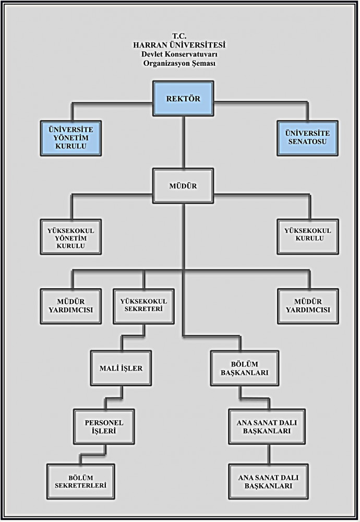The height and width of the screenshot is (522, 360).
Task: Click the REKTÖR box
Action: click(x=183, y=98)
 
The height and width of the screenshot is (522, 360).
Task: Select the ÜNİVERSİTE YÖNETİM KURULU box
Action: click(x=71, y=137)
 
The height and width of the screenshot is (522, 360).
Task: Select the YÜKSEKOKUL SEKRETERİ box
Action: click(x=143, y=305)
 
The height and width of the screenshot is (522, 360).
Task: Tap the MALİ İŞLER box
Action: click(x=121, y=368)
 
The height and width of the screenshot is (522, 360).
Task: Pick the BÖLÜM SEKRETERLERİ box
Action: click(x=80, y=481)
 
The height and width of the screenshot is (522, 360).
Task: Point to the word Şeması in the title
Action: click(x=202, y=63)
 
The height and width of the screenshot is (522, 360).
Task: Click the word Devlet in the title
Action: click(x=153, y=54)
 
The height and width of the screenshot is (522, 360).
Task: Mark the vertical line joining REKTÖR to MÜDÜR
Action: click(x=183, y=141)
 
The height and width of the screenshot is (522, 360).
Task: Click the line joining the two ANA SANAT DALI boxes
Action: click(x=269, y=453)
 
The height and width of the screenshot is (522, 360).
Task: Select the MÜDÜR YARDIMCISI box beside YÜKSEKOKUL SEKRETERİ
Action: click(x=71, y=305)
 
